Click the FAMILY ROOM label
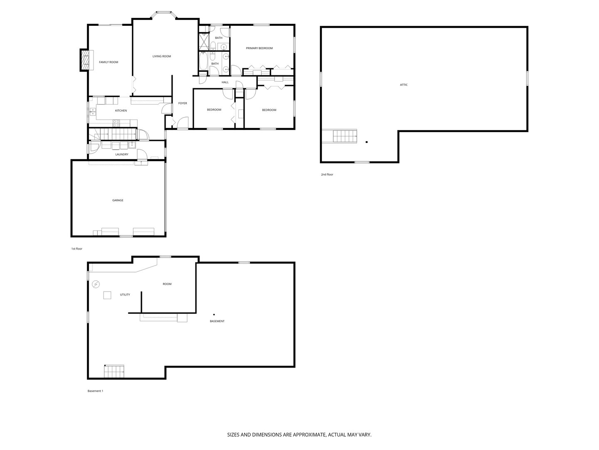click(108, 62)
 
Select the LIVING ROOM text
click(161, 56)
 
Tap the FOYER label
click(183, 103)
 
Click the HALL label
click(225, 82)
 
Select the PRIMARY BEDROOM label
click(259, 48)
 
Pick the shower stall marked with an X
click(205, 41)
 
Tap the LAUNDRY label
click(121, 155)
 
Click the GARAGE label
click(118, 200)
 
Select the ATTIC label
click(403, 85)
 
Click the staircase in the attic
click(344, 136)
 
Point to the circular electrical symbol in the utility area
click(96, 284)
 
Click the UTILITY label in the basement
click(125, 295)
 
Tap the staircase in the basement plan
click(114, 370)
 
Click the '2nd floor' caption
click(327, 175)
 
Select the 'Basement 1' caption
click(95, 391)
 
